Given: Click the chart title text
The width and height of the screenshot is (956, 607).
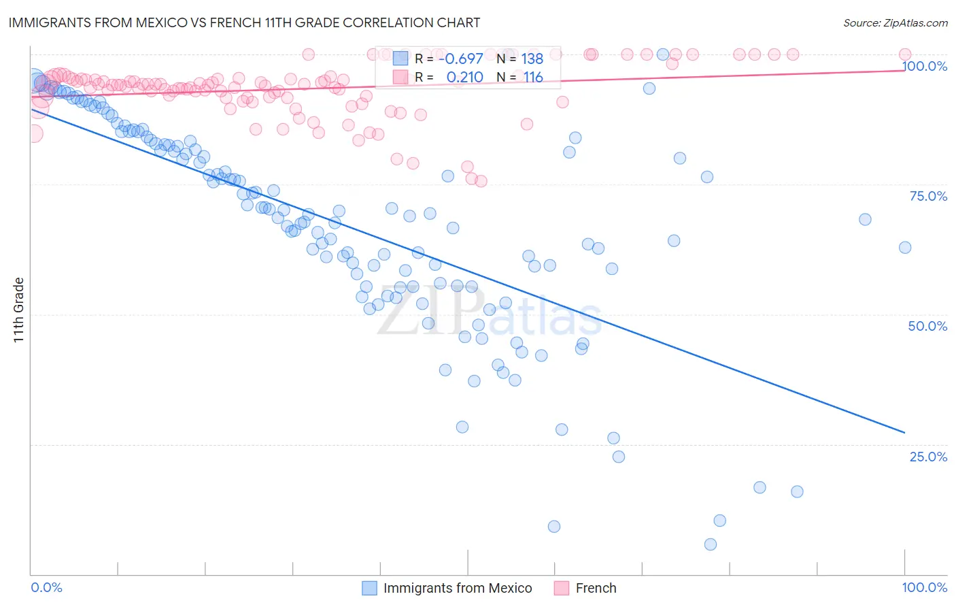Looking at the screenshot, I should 244,22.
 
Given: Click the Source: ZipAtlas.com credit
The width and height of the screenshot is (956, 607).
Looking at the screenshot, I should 895,22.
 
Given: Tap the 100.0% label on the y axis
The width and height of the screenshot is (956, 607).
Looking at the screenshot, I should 924,66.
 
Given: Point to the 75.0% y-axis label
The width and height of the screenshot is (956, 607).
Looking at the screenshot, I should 928,196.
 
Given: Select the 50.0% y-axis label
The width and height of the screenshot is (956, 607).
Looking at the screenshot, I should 927,326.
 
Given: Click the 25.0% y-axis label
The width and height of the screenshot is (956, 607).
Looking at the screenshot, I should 928,456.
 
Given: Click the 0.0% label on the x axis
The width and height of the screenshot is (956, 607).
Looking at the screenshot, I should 47,587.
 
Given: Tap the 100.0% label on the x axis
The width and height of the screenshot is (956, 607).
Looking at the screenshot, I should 924,587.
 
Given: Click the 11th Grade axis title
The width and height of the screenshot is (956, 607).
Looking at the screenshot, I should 18,310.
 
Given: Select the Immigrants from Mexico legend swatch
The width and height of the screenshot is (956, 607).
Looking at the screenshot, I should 369,588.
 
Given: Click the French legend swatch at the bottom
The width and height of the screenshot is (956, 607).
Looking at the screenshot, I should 561,588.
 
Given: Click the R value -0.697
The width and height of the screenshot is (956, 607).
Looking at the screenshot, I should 461,59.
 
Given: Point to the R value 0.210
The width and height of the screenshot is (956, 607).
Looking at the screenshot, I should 464,77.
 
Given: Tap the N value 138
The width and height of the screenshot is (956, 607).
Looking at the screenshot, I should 532,59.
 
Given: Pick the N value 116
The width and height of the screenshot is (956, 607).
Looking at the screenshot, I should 533,77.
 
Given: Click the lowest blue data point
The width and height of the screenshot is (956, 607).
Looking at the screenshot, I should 711,544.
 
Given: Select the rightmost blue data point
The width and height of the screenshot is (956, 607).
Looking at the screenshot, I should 905,248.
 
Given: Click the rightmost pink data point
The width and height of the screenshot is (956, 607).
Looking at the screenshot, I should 905,54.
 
